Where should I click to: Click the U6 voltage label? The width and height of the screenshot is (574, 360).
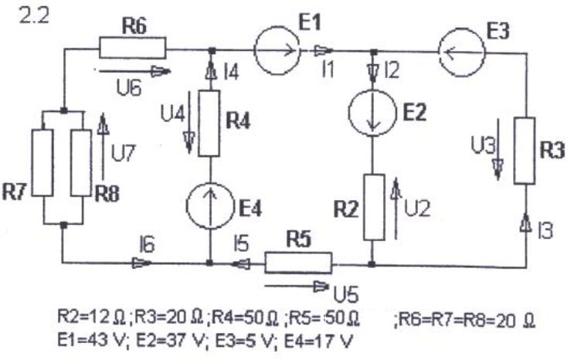pyautogui.click(x=129, y=88)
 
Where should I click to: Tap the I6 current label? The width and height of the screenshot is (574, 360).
pyautogui.click(x=147, y=245)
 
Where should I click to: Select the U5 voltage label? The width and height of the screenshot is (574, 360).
pyautogui.click(x=346, y=294)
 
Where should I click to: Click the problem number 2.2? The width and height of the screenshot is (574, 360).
pyautogui.click(x=34, y=16)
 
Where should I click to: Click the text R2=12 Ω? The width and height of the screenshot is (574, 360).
pyautogui.click(x=93, y=318)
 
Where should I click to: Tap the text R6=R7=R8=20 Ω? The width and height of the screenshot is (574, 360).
pyautogui.click(x=466, y=320)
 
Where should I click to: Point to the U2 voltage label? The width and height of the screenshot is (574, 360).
pyautogui.click(x=417, y=209)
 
